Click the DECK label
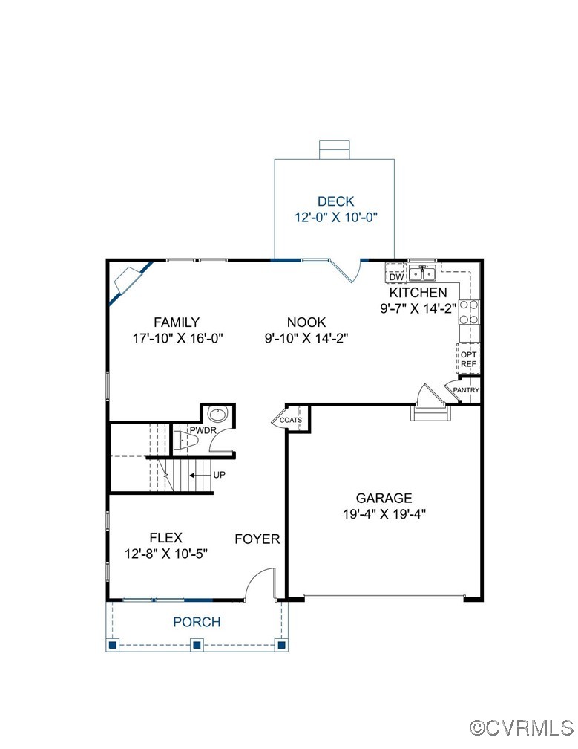point(335,201)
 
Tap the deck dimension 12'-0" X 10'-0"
point(335,218)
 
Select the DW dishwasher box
point(396,277)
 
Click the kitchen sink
point(423,273)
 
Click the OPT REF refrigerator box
point(468,359)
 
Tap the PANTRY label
point(467,390)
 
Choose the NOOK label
point(306,322)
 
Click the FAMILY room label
point(177,322)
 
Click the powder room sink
point(217,415)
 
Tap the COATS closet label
point(291,420)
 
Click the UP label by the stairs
point(220,474)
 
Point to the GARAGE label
point(384,499)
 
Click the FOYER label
point(257,539)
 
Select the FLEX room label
point(165,537)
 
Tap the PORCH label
point(197,622)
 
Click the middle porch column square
point(197,644)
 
